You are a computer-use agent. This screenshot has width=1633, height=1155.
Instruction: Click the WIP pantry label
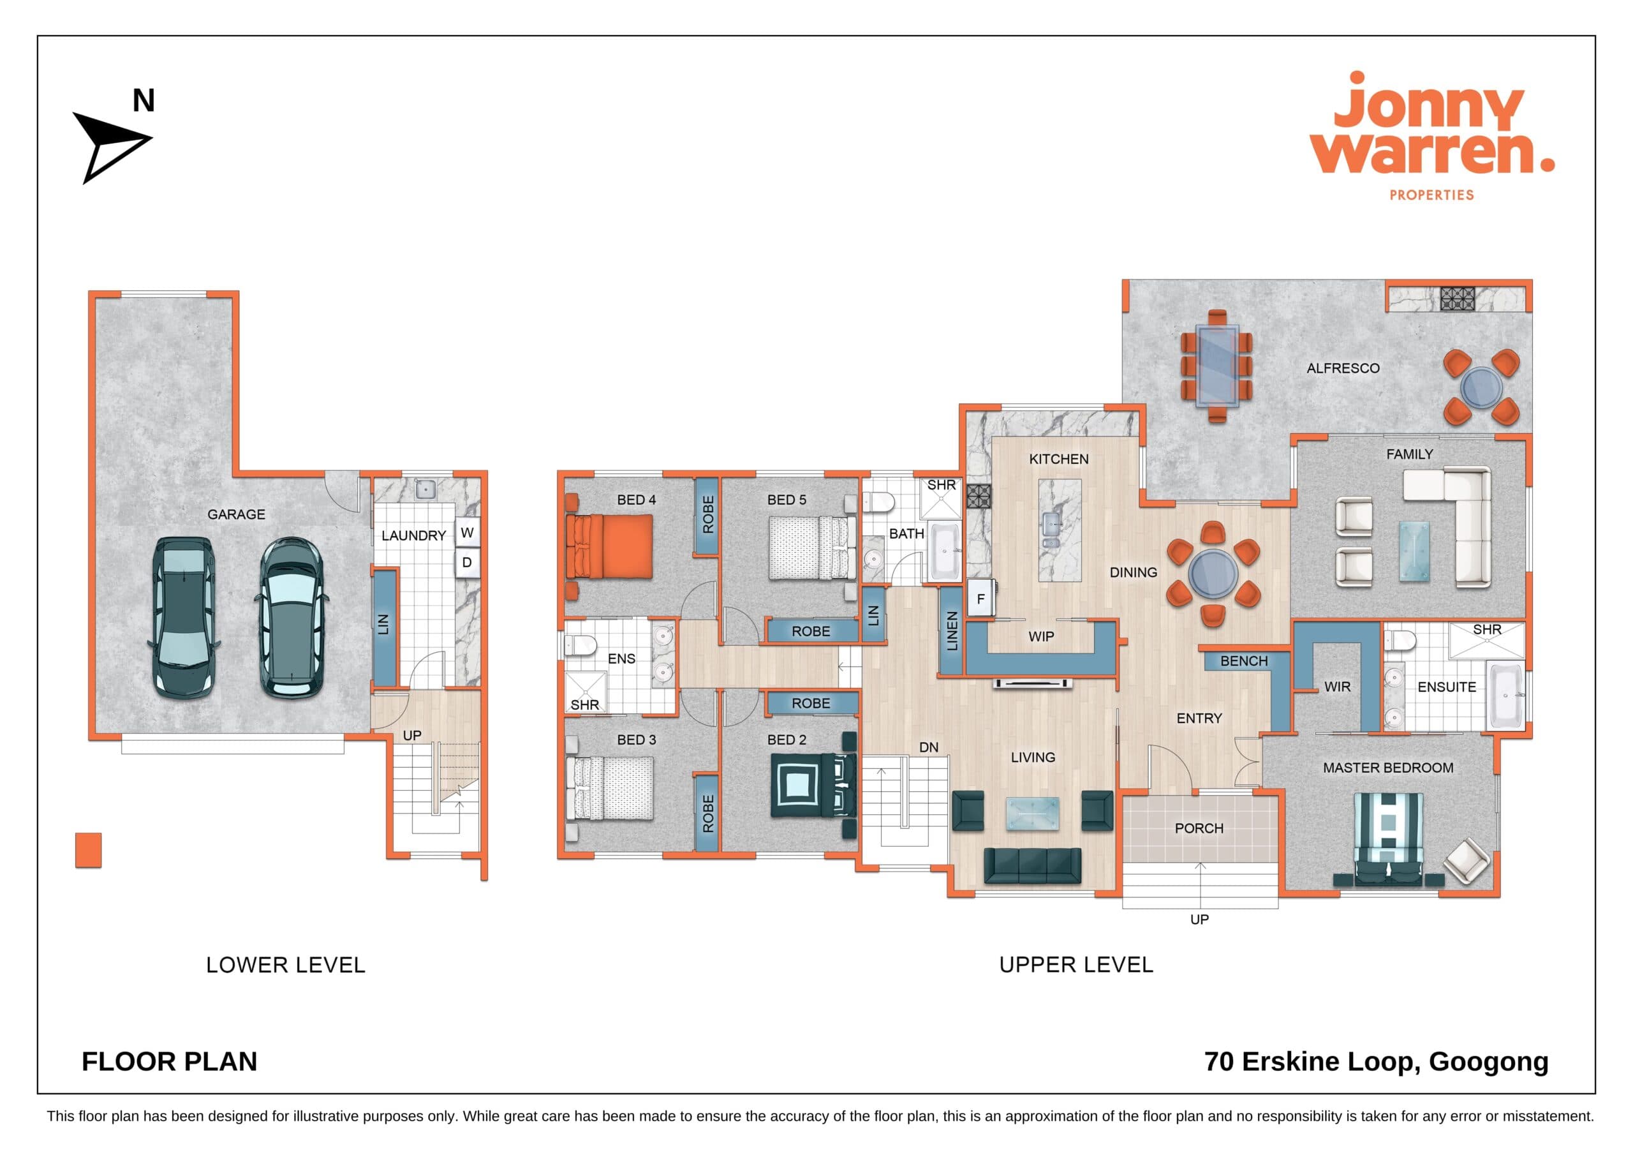click(1041, 636)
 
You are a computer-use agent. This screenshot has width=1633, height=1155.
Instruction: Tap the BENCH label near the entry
click(1244, 660)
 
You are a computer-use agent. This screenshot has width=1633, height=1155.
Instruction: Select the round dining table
click(1213, 573)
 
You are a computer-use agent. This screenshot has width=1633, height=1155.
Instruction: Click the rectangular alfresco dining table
click(1217, 365)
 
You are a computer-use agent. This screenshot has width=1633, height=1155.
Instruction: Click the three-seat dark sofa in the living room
click(1032, 865)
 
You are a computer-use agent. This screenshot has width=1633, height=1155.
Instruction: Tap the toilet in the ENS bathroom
click(580, 645)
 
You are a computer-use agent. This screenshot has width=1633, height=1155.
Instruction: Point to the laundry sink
click(425, 489)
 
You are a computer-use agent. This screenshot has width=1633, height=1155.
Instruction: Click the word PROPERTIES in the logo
click(1431, 194)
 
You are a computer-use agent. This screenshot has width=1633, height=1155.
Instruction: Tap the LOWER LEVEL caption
click(285, 965)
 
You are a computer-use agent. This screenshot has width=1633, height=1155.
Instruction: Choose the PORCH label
click(1199, 828)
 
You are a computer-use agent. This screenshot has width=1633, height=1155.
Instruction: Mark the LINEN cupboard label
click(952, 631)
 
